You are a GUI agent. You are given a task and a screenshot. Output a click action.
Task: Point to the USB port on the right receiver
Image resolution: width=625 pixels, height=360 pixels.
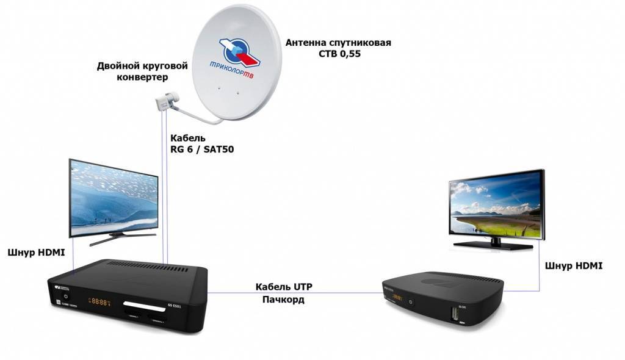point(455,315)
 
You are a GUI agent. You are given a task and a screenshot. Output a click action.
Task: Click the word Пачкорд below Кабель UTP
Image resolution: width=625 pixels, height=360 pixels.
point(284,300)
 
